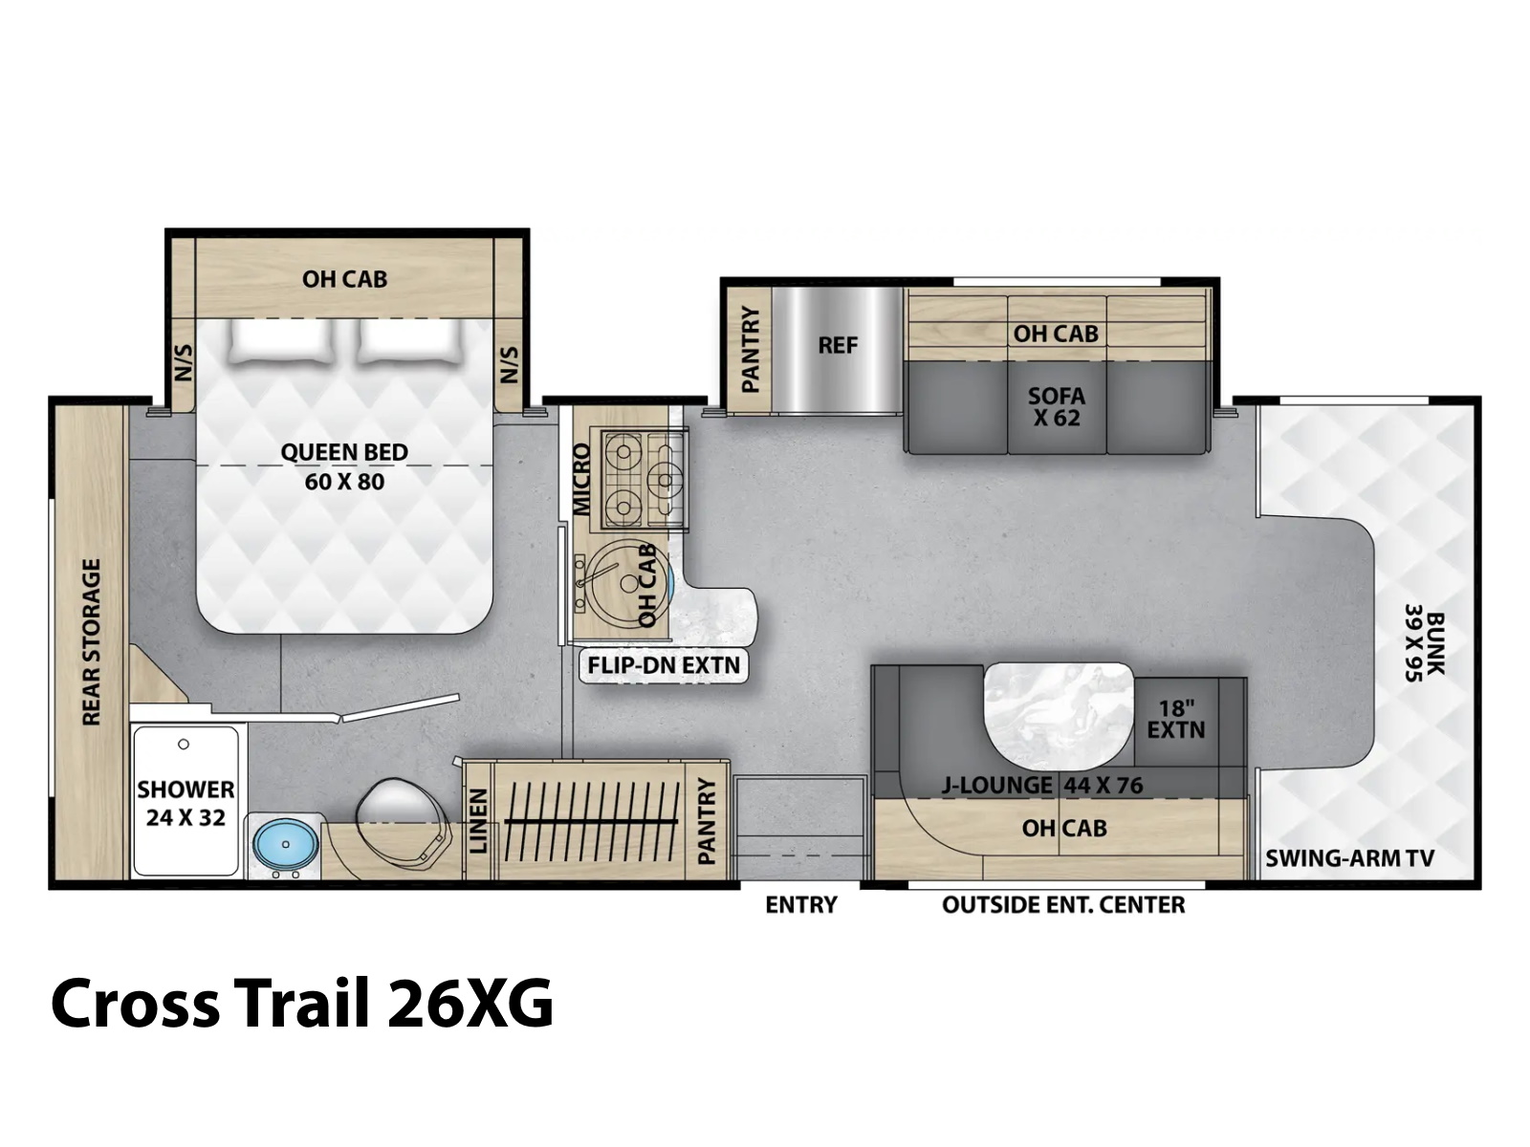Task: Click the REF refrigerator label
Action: click(837, 345)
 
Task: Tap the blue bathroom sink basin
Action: click(286, 843)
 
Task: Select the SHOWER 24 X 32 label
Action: click(186, 803)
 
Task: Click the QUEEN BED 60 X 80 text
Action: click(344, 466)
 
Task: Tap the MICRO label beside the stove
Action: click(580, 479)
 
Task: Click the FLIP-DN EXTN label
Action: click(664, 665)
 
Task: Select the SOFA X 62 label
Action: click(1056, 407)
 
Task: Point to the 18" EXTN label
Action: click(1176, 719)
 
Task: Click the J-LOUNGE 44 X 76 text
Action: click(1041, 786)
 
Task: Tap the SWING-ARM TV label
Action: click(1349, 858)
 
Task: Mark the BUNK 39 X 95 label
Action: click(1425, 642)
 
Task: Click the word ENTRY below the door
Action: click(801, 904)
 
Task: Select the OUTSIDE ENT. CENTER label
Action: click(1063, 904)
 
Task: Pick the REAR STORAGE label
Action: click(91, 641)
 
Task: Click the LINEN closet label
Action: click(477, 820)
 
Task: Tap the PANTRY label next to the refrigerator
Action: click(750, 349)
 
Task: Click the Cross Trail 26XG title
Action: click(302, 1003)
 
